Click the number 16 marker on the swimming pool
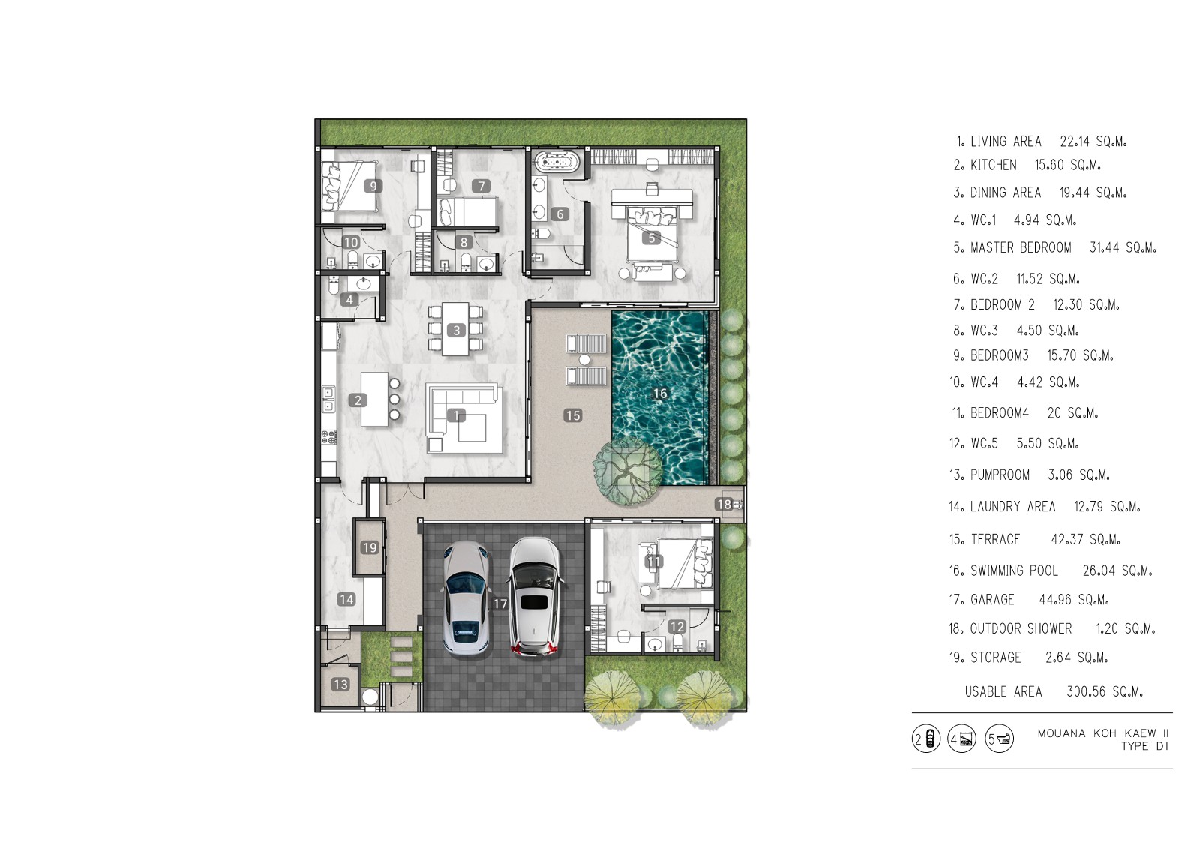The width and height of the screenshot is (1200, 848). click(x=659, y=394)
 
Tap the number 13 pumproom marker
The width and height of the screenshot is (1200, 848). click(x=340, y=684)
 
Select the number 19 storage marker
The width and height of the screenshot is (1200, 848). click(x=370, y=547)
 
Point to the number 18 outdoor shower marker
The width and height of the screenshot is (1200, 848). click(x=724, y=504)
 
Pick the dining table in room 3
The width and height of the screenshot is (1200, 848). click(x=455, y=329)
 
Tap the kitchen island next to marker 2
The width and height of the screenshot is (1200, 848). click(x=374, y=399)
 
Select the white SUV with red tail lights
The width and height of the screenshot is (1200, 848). click(x=535, y=596)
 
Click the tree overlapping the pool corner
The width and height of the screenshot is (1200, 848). click(x=627, y=472)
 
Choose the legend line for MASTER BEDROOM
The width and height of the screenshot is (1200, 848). click(x=1054, y=247)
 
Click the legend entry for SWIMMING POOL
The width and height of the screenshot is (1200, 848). click(x=1051, y=571)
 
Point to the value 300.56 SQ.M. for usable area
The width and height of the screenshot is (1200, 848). click(x=1105, y=691)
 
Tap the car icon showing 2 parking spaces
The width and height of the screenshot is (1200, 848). click(x=925, y=740)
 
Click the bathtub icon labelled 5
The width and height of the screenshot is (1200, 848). click(x=999, y=740)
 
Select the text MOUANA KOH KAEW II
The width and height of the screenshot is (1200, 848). click(x=1103, y=733)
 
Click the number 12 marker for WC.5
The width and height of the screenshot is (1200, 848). click(x=677, y=627)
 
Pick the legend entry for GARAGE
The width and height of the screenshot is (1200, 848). click(x=1028, y=599)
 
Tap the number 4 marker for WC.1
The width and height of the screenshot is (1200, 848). click(x=349, y=300)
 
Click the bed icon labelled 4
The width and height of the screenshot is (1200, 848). click(x=962, y=740)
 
